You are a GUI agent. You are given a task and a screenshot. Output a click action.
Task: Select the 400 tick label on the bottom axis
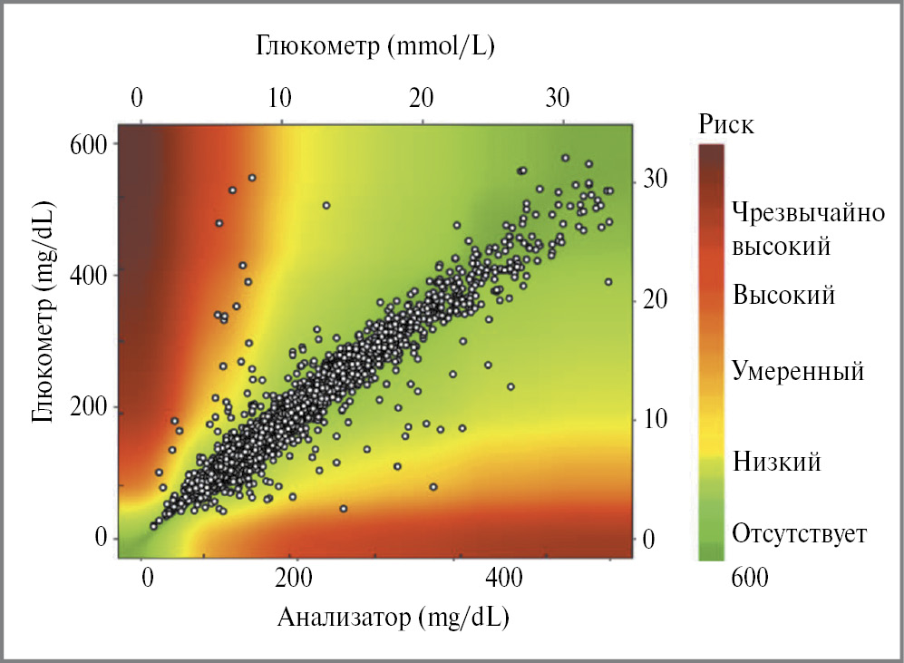(x=506, y=578)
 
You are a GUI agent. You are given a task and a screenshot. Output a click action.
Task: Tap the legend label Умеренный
(x=798, y=371)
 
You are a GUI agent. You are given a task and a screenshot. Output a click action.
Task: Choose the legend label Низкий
(x=777, y=463)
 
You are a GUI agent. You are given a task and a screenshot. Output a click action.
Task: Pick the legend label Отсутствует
(x=800, y=532)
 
